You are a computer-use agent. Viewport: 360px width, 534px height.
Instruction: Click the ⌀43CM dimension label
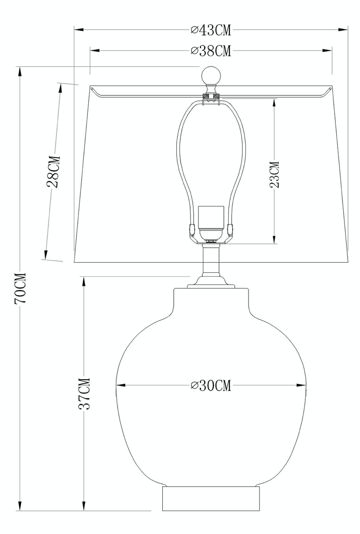tap(211, 30)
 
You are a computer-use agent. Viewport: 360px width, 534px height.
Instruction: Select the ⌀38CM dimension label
tap(211, 51)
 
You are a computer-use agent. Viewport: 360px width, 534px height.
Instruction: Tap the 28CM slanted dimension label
tap(53, 172)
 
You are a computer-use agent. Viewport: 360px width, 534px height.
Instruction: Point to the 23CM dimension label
tap(274, 175)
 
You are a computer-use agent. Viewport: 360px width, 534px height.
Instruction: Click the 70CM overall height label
tap(20, 288)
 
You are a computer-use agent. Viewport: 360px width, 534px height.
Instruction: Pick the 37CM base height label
tap(84, 394)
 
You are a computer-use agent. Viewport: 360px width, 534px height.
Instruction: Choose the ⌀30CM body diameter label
tap(211, 385)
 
